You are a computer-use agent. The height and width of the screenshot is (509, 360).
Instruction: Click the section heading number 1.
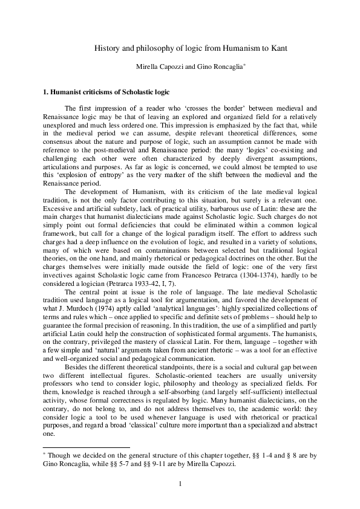point(37,92)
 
